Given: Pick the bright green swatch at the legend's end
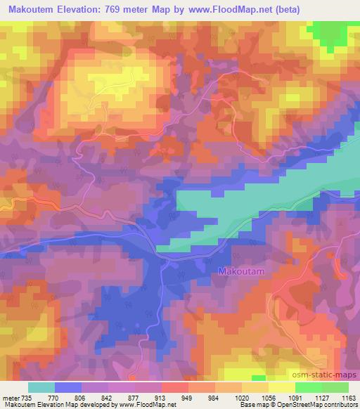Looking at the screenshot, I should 335,387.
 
